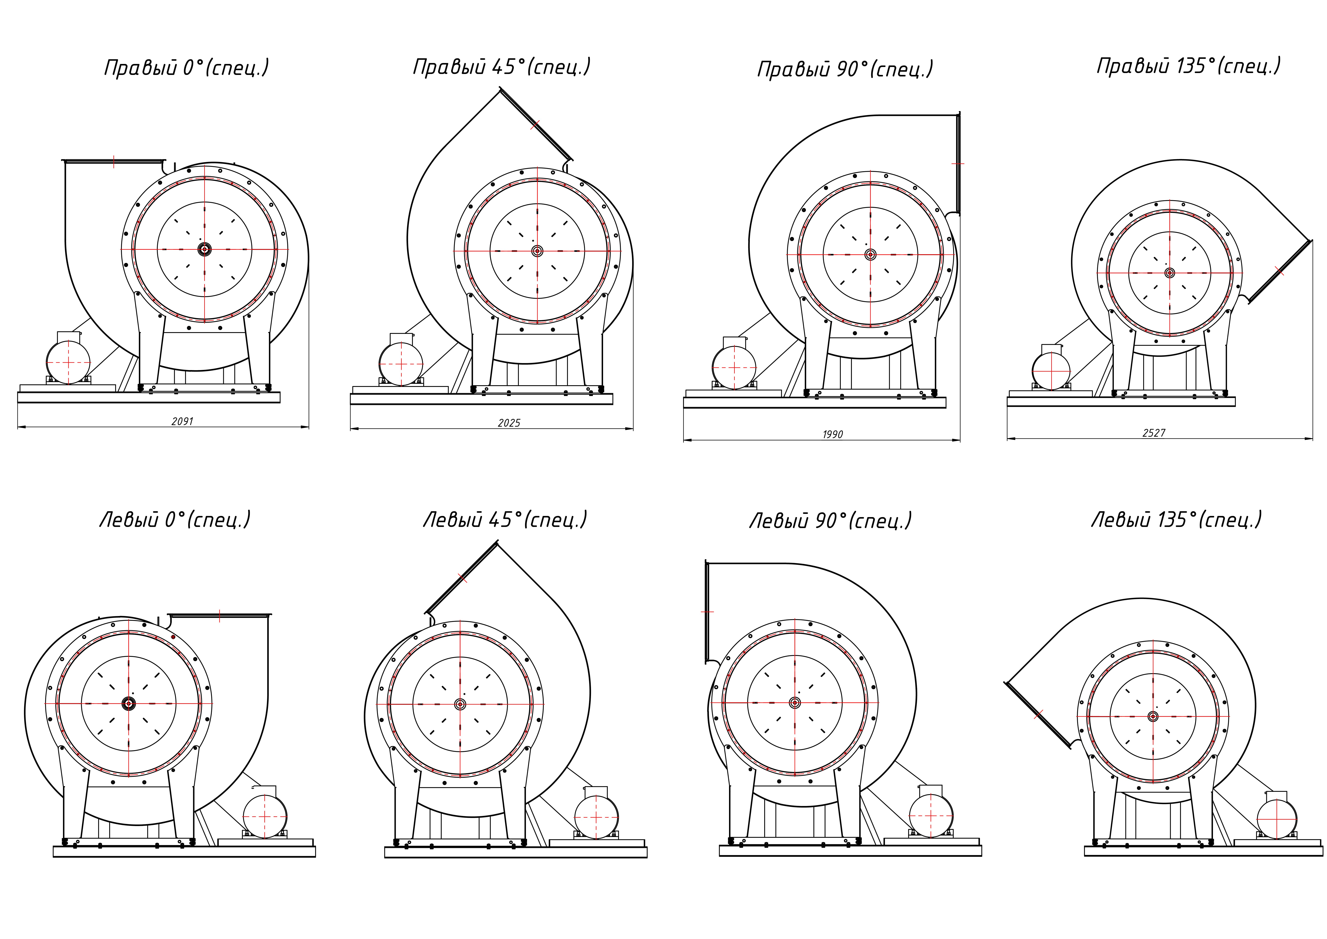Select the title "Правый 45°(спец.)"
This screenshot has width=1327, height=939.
(x=502, y=66)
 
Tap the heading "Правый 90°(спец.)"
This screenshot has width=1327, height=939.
(x=845, y=69)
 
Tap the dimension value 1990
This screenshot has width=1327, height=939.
(x=833, y=434)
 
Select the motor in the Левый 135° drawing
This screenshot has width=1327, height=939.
(x=1277, y=816)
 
